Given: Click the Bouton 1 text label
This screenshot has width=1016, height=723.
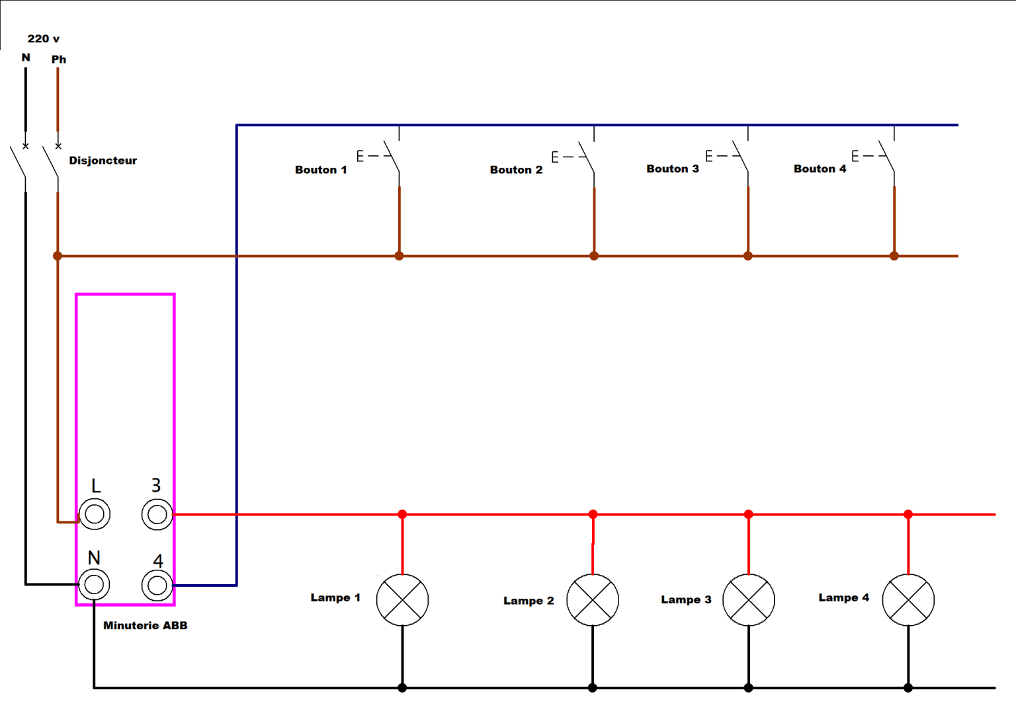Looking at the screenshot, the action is (321, 170).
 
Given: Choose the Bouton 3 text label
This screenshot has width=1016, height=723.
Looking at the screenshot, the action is (673, 169).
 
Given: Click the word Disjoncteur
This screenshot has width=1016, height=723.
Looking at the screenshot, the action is (103, 161).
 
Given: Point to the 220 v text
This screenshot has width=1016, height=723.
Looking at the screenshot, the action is (44, 38).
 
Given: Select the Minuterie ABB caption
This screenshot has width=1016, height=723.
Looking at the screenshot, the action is (145, 626).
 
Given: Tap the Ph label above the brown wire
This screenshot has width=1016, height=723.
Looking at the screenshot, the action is (59, 59).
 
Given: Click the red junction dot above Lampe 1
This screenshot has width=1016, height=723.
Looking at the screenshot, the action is (402, 514).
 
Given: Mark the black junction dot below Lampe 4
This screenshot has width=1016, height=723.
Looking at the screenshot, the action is (908, 688).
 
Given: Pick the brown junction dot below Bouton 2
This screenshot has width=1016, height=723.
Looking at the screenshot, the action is (594, 256).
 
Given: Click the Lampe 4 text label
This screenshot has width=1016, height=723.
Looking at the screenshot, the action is (843, 597).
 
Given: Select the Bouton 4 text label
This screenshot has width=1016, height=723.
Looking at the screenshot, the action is (820, 169).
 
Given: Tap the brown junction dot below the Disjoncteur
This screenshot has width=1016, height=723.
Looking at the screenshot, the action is (58, 256).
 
